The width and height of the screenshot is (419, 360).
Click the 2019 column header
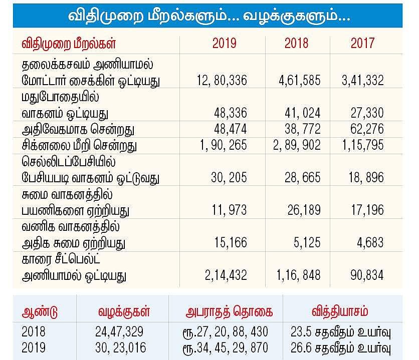pos(225,44)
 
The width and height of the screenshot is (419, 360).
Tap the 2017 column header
pos(362,44)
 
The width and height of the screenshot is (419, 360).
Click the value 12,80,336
pos(220,80)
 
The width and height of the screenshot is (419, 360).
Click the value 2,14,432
pos(226,275)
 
